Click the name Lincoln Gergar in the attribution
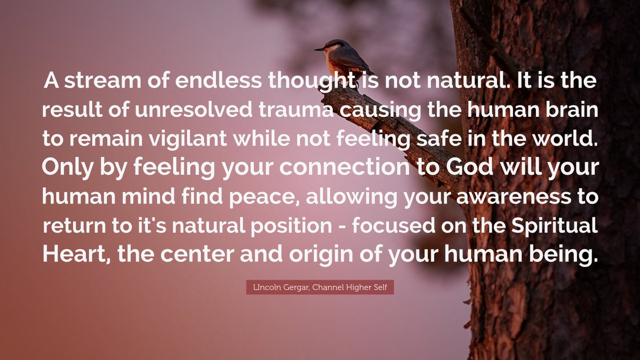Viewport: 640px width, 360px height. click(x=277, y=288)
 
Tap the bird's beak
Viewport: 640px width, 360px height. click(x=317, y=50)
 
